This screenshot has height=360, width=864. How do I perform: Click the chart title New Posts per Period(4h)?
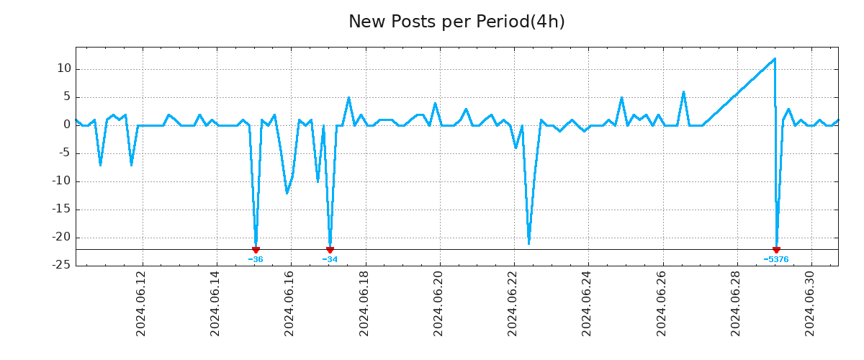tap(456, 22)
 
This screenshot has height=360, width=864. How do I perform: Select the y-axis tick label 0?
tap(66, 125)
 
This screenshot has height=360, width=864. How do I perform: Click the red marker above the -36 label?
tap(256, 250)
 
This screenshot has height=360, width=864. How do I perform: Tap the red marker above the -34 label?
tap(330, 250)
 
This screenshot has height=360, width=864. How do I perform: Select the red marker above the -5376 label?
tap(776, 250)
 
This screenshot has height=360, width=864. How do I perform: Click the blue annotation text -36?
tap(256, 259)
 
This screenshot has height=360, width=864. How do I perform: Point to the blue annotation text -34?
tap(330, 259)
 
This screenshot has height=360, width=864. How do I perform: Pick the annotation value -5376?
tap(776, 259)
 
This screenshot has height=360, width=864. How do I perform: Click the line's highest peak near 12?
tap(774, 59)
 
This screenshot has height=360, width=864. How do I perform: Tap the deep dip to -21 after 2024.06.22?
tap(528, 243)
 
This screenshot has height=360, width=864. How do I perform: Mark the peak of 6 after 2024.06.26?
tap(683, 91)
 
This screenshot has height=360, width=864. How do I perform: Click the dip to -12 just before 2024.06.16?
tap(287, 193)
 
